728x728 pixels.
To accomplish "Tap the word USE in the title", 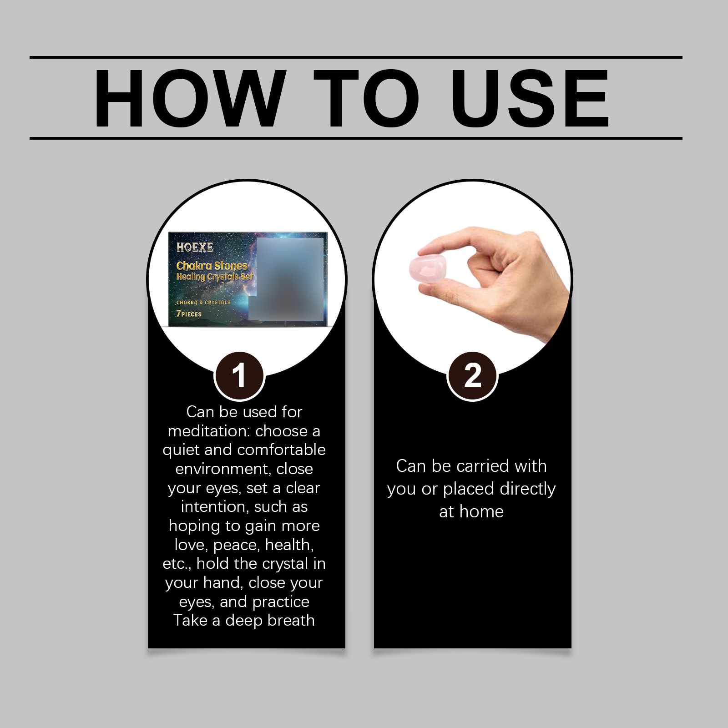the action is pyautogui.click(x=530, y=98).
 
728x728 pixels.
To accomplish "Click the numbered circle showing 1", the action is pyautogui.click(x=239, y=376).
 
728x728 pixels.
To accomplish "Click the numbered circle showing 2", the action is pyautogui.click(x=473, y=376).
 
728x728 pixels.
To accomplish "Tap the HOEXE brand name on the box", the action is pyautogui.click(x=195, y=248).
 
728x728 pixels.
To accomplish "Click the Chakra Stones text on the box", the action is pyautogui.click(x=212, y=266).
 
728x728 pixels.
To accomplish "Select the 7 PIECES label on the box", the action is pyautogui.click(x=189, y=314).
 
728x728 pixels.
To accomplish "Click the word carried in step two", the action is pyautogui.click(x=483, y=466).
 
